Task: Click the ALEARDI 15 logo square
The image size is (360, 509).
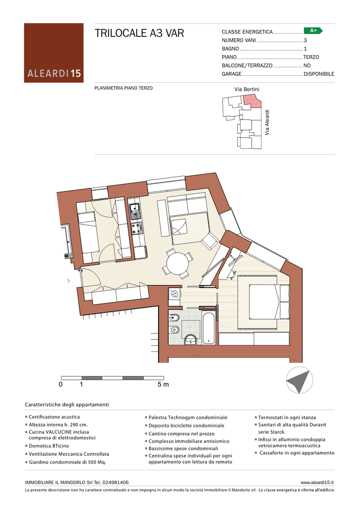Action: pyautogui.click(x=54, y=53)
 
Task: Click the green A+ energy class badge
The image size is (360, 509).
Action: pyautogui.click(x=313, y=31)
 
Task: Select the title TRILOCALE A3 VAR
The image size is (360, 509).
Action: pyautogui.click(x=139, y=33)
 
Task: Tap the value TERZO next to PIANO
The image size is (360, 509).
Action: pyautogui.click(x=311, y=57)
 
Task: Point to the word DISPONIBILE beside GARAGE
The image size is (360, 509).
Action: pyautogui.click(x=319, y=74)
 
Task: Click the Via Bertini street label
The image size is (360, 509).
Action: pyautogui.click(x=247, y=89)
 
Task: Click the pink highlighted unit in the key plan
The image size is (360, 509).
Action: pyautogui.click(x=253, y=100)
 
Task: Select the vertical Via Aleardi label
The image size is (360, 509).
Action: pyautogui.click(x=267, y=122)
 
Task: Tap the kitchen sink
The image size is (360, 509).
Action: pyautogui.click(x=135, y=211)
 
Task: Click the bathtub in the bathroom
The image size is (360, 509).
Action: pyautogui.click(x=208, y=328)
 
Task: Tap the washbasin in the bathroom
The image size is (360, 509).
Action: pyautogui.click(x=190, y=340)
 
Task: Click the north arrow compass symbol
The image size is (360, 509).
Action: pyautogui.click(x=299, y=380)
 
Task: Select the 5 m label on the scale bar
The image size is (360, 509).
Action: pyautogui.click(x=163, y=385)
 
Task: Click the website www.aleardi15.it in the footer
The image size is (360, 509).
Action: pyautogui.click(x=317, y=482)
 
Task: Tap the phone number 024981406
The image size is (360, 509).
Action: pyautogui.click(x=115, y=482)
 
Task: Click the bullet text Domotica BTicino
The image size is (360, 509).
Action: pyautogui.click(x=49, y=446)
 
